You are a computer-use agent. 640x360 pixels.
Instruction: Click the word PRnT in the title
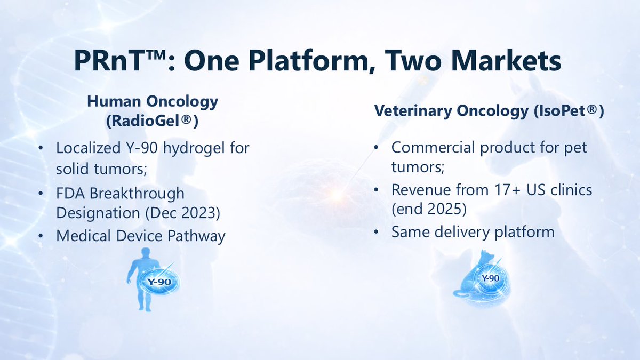112,61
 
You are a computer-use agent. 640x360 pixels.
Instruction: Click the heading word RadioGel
146,121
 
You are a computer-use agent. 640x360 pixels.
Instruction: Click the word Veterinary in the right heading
413,111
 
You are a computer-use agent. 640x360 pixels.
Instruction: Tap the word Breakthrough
137,194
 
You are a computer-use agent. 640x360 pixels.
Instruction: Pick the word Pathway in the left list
196,236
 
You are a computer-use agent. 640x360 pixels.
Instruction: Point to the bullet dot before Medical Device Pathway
41,236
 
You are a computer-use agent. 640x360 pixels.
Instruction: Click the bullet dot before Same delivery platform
376,232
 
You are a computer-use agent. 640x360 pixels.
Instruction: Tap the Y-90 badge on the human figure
159,282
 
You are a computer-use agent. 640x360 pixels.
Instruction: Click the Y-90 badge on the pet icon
490,278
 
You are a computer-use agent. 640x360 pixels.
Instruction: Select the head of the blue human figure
146,253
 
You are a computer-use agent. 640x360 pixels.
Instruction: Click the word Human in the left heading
114,102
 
